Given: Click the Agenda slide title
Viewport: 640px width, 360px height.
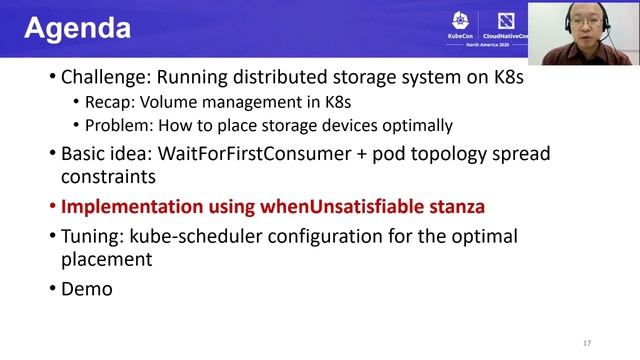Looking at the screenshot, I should click(x=77, y=28).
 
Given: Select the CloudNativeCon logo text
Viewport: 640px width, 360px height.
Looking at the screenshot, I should click(x=504, y=39).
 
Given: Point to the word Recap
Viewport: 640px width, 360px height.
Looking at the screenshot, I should click(x=107, y=101).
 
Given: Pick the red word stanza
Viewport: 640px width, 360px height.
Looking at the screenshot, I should click(x=451, y=208).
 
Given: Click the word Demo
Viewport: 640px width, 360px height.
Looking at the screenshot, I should click(x=87, y=289).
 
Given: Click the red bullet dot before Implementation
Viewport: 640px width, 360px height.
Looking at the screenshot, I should click(x=52, y=208).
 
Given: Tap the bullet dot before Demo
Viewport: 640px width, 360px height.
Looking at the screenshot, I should click(x=52, y=289).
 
